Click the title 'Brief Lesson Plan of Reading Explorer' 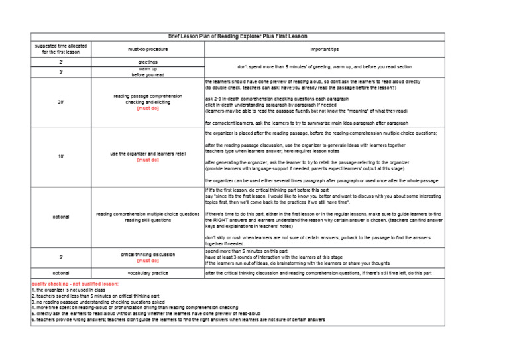coord(237,36)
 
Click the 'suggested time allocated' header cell coord(60,49)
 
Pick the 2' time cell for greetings coord(60,62)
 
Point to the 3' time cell coord(60,72)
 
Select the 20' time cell coord(60,102)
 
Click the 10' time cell coord(60,156)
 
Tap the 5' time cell coord(60,257)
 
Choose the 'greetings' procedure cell coord(148,62)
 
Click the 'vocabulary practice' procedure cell coord(148,272)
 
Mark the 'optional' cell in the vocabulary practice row coord(60,272)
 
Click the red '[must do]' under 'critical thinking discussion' coord(148,261)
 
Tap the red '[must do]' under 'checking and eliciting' coord(148,108)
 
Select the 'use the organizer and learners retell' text coord(148,154)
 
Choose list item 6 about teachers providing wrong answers coord(178,319)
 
